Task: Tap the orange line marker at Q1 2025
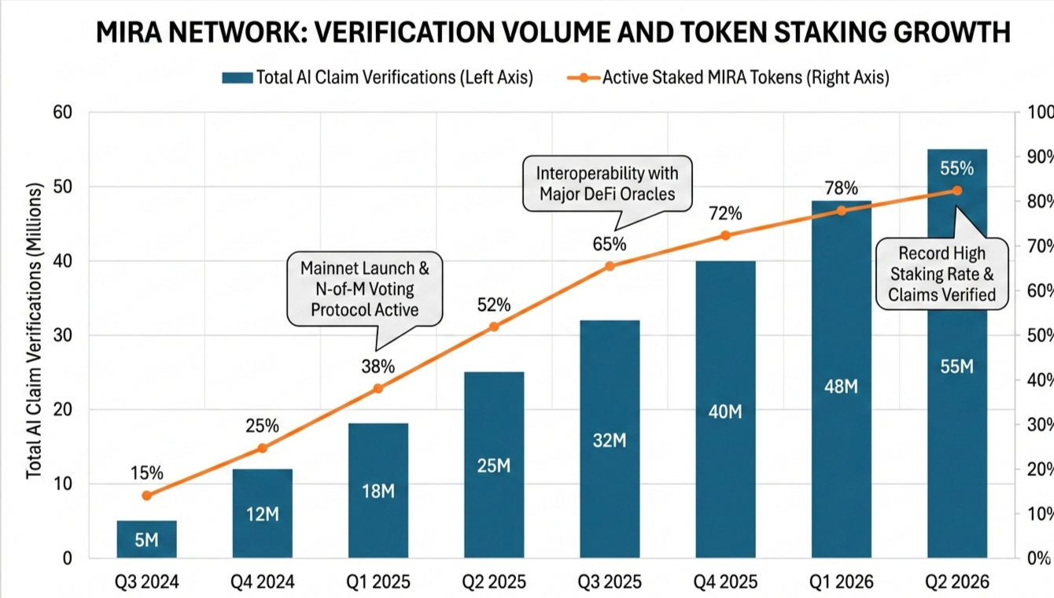tap(378, 388)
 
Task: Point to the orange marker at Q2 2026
tap(957, 190)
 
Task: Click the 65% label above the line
tap(610, 244)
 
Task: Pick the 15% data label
tap(147, 473)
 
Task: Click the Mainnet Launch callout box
tap(365, 289)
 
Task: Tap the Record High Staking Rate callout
tap(942, 274)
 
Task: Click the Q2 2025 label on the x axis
tap(493, 582)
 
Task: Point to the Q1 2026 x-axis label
tap(841, 582)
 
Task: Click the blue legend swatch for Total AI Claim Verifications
tap(238, 77)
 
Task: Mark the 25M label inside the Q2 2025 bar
tap(493, 466)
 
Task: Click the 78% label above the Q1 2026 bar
tap(841, 188)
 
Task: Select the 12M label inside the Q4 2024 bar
tap(263, 514)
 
